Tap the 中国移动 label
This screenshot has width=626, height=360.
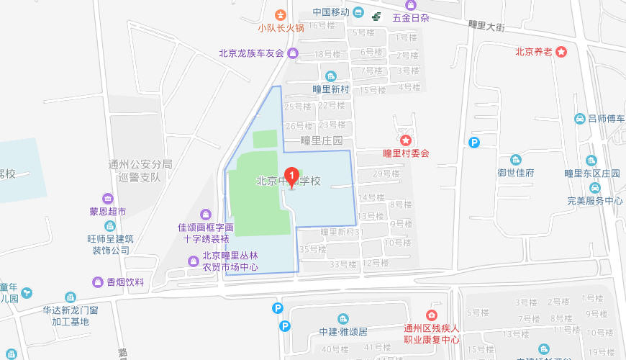coord(331,12)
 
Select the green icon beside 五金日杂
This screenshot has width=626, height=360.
coord(376,16)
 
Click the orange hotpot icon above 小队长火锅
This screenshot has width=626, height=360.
coord(281,14)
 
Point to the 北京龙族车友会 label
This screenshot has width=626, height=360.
coord(252,53)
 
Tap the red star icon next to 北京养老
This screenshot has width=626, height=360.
coord(562,51)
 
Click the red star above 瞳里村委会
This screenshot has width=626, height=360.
coord(406,140)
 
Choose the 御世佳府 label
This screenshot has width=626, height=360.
coord(516,173)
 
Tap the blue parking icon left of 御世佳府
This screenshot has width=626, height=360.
coord(474,143)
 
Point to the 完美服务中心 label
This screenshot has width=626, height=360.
coord(594,201)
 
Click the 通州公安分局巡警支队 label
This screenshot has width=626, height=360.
coord(140,170)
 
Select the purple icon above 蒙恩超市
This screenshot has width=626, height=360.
coord(107,199)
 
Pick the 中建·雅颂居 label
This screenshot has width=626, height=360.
coord(343,332)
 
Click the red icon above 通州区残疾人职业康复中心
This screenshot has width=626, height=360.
coord(431,315)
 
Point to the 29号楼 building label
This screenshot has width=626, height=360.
coord(386,174)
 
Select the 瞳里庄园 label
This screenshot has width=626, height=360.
coord(322,140)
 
